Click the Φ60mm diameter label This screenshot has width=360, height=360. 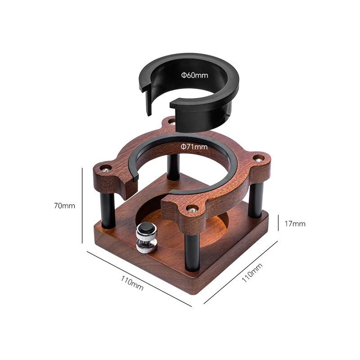pyautogui.click(x=195, y=75)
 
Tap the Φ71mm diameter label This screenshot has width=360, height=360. pyautogui.click(x=194, y=147)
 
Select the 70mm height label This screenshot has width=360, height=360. pyautogui.click(x=64, y=206)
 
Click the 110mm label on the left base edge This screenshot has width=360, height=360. pyautogui.click(x=132, y=283)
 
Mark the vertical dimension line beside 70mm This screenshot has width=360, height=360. pyautogui.click(x=82, y=205)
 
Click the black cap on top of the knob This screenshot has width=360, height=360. pyautogui.click(x=145, y=229)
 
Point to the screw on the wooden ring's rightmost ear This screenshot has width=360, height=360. pyautogui.click(x=259, y=157)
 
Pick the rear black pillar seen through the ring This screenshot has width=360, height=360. pyautogui.click(x=173, y=166)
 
